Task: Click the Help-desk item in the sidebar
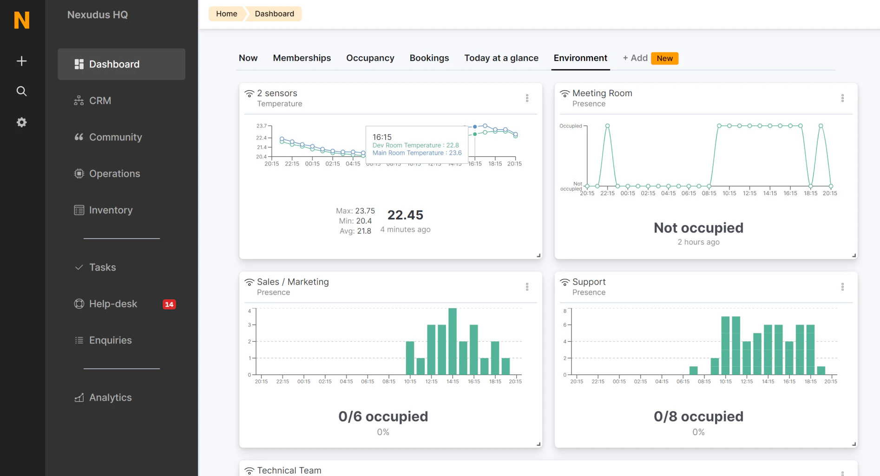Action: [x=113, y=304]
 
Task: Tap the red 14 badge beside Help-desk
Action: [x=169, y=304]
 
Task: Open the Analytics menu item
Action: [x=110, y=397]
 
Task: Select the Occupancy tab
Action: [x=370, y=58]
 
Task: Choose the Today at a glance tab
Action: [x=501, y=58]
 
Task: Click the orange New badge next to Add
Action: [x=664, y=58]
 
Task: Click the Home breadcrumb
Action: [x=226, y=14]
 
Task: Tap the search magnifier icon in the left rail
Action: [x=21, y=91]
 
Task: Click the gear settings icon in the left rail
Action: [x=21, y=122]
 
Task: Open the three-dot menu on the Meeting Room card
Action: [x=842, y=98]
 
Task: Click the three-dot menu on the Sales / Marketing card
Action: [x=527, y=287]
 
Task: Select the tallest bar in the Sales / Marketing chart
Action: [x=453, y=341]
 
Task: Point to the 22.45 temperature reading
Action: [x=405, y=215]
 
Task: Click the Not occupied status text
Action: [x=698, y=228]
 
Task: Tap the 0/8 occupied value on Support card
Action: [x=698, y=416]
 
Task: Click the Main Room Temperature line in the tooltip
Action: [x=417, y=153]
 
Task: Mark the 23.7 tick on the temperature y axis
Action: [x=262, y=126]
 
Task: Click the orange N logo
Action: [x=22, y=20]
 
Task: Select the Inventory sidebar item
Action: [x=111, y=210]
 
